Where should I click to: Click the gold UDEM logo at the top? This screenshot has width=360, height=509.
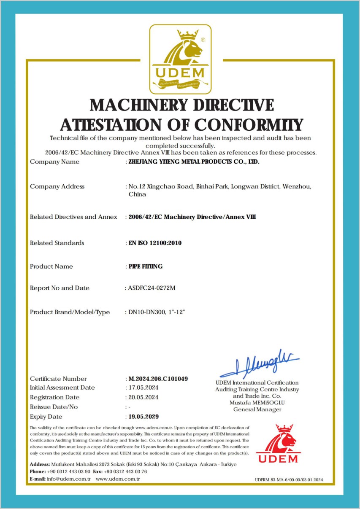180,59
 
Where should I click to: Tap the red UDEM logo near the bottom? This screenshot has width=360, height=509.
278,444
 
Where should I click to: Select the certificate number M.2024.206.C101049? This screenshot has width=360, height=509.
158,379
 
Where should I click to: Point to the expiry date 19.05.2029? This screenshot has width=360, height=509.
143,417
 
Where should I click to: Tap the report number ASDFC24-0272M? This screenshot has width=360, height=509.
152,288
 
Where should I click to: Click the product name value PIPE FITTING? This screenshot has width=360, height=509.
145,267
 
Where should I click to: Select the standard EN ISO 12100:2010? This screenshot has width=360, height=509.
155,243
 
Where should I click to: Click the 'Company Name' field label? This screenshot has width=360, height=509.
54,162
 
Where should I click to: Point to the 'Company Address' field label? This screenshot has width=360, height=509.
57,186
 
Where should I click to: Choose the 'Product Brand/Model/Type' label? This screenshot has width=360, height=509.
70,312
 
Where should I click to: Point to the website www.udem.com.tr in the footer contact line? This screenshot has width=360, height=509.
118,479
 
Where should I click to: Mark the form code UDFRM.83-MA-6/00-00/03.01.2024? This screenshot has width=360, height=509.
289,480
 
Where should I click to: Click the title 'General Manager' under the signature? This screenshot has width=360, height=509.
257,409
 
